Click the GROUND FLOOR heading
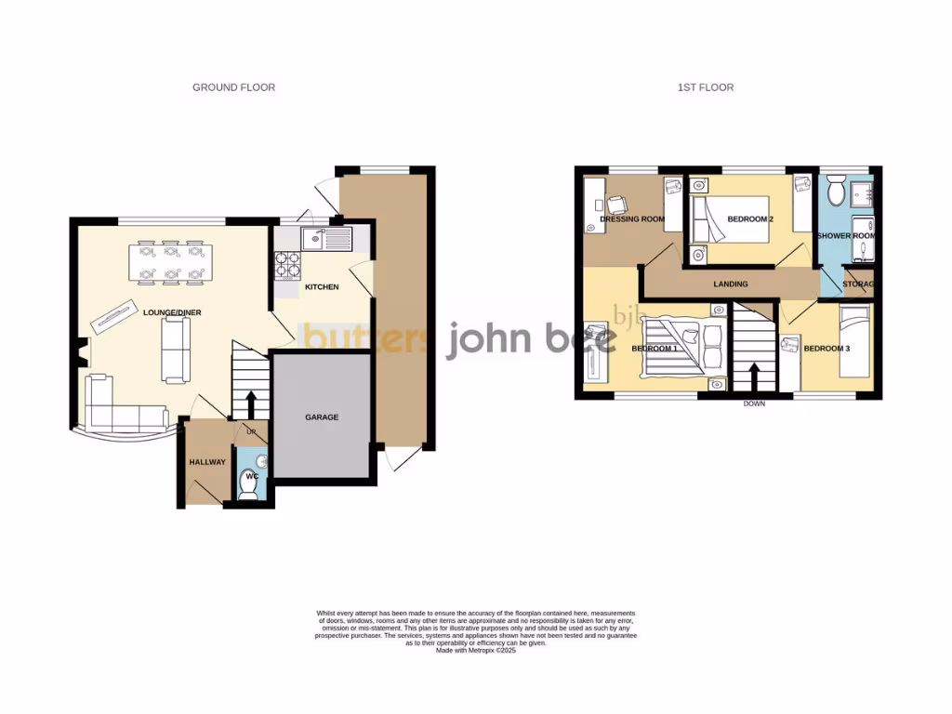click(x=233, y=87)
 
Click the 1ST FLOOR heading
click(x=706, y=87)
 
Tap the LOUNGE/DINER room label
click(x=172, y=313)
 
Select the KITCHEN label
click(x=322, y=287)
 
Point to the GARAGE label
click(x=322, y=417)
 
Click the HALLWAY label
click(x=207, y=462)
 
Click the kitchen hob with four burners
click(x=287, y=265)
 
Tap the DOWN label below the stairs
click(x=754, y=404)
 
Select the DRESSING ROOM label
click(x=632, y=219)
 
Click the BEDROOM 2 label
click(x=750, y=219)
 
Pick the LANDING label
click(x=730, y=284)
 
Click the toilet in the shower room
click(x=834, y=193)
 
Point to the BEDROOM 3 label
click(x=826, y=349)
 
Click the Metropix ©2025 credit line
click(x=475, y=651)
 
